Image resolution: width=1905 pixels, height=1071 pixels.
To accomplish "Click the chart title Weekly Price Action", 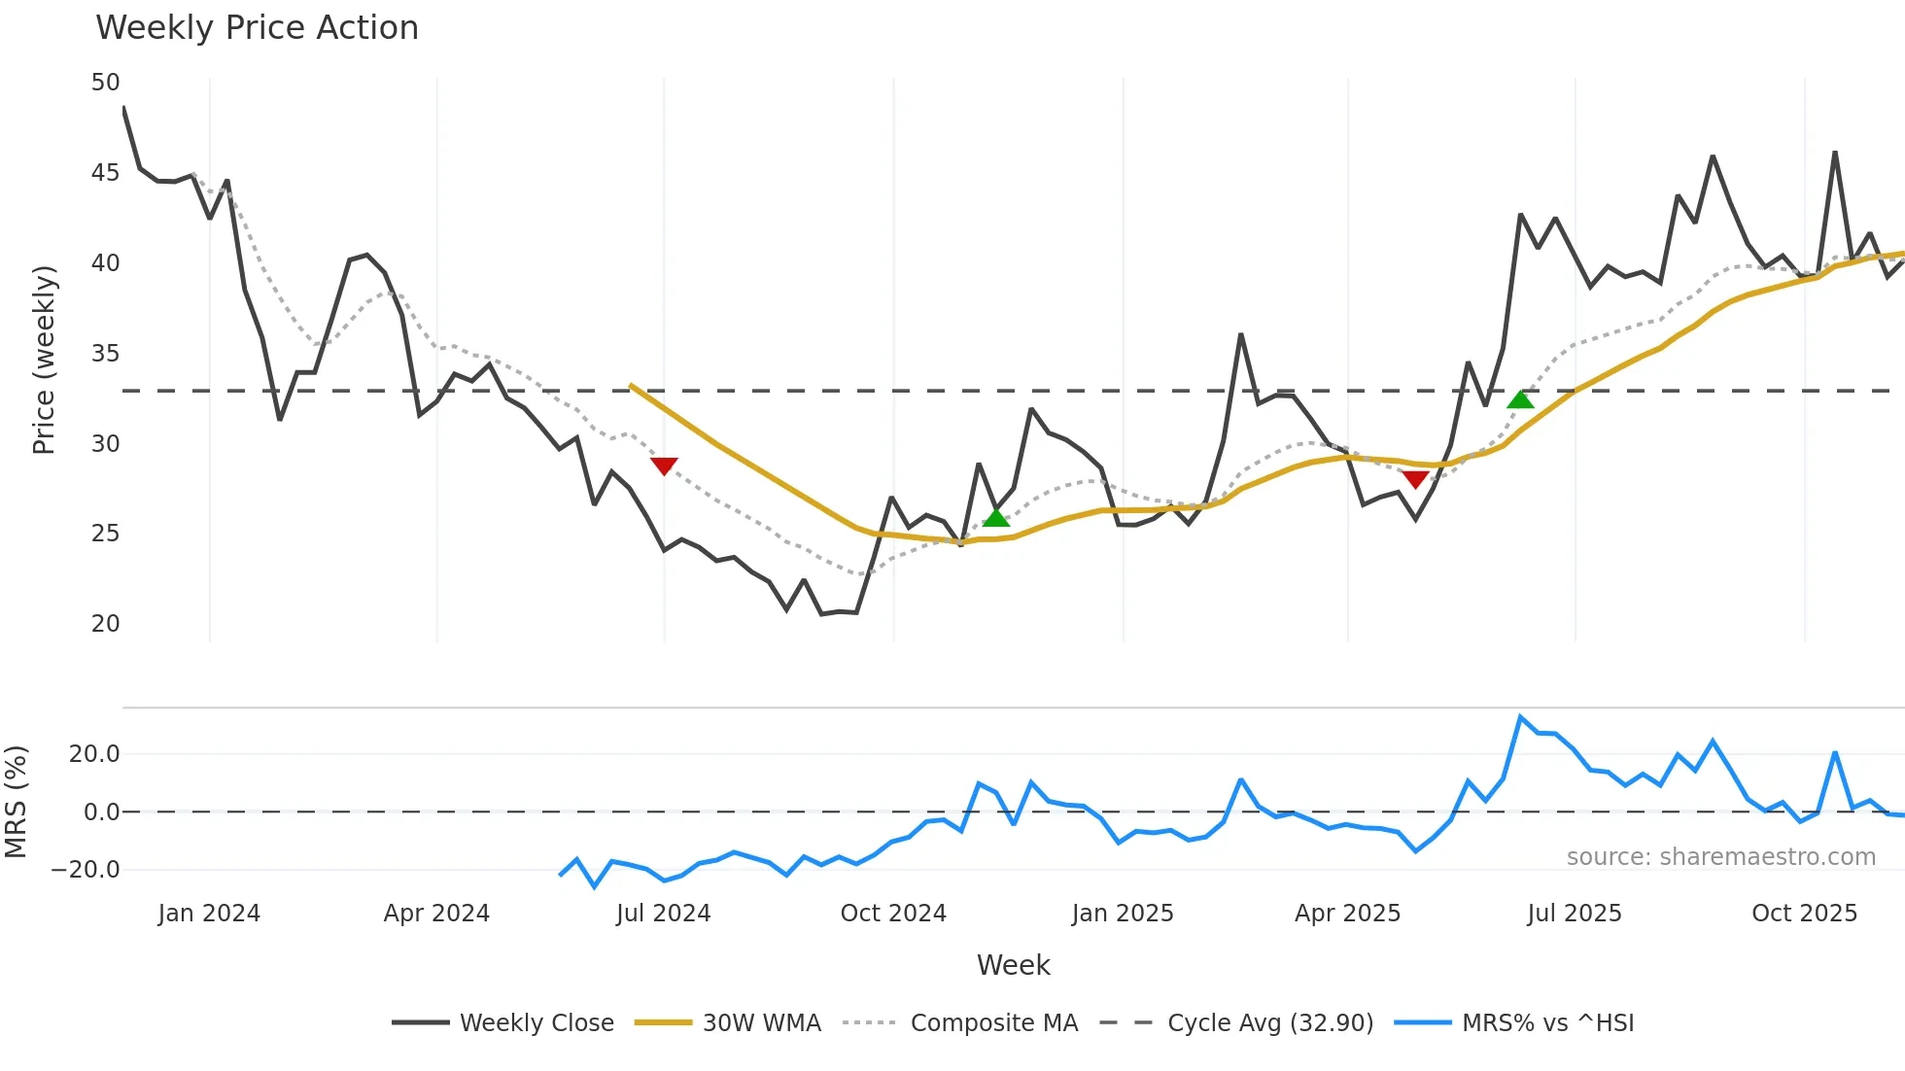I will [257, 28].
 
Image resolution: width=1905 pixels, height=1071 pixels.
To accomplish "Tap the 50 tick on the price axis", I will [105, 83].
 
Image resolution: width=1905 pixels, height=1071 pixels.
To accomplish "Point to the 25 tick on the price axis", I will [105, 534].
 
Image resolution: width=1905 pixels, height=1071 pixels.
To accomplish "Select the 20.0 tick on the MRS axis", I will [94, 754].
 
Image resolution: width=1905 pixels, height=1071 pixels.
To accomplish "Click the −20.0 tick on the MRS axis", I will [86, 870].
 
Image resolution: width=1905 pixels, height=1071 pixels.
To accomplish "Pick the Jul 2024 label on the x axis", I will [664, 914].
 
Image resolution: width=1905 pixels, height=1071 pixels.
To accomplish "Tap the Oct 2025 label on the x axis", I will [1804, 914].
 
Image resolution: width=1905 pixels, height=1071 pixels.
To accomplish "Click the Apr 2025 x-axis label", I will [1347, 914].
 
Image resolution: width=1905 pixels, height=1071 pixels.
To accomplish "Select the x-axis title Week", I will [1013, 965].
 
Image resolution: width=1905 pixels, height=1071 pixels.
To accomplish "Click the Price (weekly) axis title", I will [45, 360].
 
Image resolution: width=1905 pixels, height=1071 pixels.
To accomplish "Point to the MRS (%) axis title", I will [16, 802].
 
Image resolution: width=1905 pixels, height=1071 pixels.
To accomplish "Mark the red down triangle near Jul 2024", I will [664, 466].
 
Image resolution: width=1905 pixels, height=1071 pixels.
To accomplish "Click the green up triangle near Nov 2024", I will [996, 517].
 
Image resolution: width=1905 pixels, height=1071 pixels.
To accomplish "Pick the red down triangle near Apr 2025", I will [1415, 479].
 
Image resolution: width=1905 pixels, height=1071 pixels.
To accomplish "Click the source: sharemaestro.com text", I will [1720, 857].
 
